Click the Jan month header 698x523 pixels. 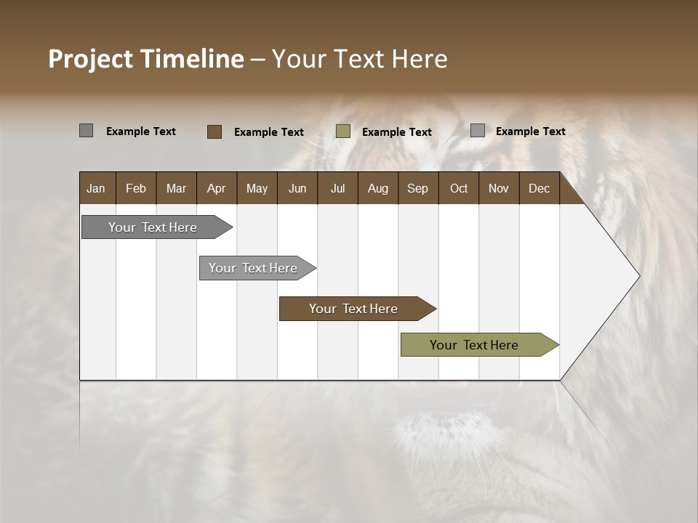(x=96, y=188)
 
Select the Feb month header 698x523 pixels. (x=136, y=188)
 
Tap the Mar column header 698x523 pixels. (x=176, y=188)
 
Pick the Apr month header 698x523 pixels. (x=216, y=188)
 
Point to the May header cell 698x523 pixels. (x=257, y=188)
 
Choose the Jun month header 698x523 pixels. (x=297, y=188)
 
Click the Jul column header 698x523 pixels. (x=337, y=188)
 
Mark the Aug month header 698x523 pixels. (x=377, y=188)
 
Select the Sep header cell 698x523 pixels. (x=417, y=188)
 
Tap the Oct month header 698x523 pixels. (x=459, y=188)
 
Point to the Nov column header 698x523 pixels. (x=499, y=188)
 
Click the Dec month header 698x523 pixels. (x=539, y=188)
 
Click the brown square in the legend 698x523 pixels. (x=214, y=131)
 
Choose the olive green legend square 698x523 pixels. (x=343, y=131)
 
